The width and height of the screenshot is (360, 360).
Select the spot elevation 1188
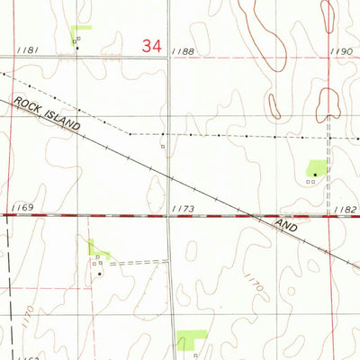[x=184, y=52]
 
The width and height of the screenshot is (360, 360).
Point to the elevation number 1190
[x=341, y=52]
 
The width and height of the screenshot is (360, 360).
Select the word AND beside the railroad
[x=285, y=225]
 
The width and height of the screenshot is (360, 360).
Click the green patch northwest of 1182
[x=318, y=167]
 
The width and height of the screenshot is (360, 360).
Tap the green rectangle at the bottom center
[x=192, y=340]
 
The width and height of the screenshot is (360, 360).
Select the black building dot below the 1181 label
[x=76, y=48]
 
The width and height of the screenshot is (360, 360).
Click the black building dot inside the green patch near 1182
[x=315, y=174]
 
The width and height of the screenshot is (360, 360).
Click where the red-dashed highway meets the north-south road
[x=168, y=217]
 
